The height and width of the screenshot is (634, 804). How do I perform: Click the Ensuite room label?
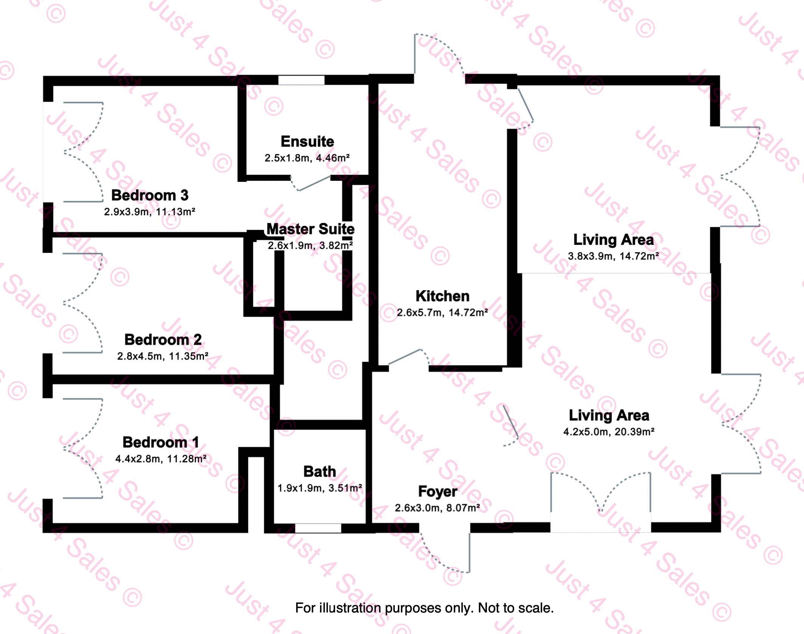click(x=307, y=142)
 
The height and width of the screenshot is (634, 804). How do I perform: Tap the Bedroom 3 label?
click(x=150, y=195)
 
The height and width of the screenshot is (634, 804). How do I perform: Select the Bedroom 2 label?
click(x=163, y=340)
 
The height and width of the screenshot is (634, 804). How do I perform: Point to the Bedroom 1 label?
click(x=161, y=442)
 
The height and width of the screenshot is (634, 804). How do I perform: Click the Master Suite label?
click(x=311, y=229)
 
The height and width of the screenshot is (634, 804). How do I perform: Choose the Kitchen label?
click(x=442, y=296)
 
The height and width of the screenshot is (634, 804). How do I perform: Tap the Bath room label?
click(x=320, y=472)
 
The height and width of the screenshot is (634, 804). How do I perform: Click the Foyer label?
click(x=438, y=492)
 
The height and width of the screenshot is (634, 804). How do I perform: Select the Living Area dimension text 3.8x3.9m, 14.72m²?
click(x=613, y=256)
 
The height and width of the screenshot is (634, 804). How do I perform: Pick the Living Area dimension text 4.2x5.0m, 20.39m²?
click(x=609, y=432)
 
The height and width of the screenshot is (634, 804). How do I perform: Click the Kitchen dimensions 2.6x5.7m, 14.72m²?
click(x=442, y=312)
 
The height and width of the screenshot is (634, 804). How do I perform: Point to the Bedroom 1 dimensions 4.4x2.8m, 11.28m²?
click(x=161, y=459)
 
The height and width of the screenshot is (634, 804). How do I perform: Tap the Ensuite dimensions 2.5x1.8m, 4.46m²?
click(x=307, y=158)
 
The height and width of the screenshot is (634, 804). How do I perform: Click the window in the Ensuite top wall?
click(x=301, y=80)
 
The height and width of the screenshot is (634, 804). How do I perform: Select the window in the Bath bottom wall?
click(x=318, y=528)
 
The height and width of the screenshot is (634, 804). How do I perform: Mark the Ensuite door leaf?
click(x=315, y=183)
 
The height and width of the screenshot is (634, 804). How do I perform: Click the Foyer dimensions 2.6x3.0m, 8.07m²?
click(x=437, y=508)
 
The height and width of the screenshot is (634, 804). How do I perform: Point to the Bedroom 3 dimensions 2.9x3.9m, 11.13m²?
click(x=150, y=212)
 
